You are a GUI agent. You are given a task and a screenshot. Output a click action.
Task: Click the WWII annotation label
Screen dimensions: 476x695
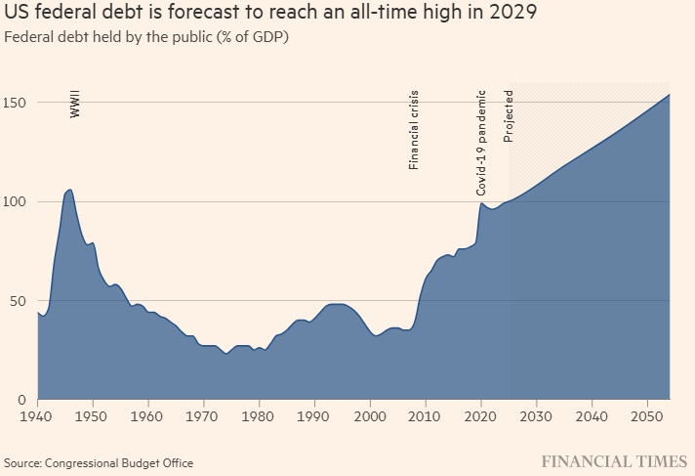click(75, 107)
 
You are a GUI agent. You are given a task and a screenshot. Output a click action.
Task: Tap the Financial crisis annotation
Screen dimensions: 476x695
click(413, 131)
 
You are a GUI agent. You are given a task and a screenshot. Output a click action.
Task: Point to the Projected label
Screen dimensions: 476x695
click(509, 118)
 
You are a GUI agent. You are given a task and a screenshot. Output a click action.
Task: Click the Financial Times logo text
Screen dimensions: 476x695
click(614, 460)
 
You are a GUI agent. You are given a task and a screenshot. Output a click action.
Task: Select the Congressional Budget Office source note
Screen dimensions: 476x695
click(99, 462)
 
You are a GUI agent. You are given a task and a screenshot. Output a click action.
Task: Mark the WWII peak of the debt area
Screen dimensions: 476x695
click(69, 190)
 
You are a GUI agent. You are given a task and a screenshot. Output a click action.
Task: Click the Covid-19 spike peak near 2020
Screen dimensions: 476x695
click(480, 203)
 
